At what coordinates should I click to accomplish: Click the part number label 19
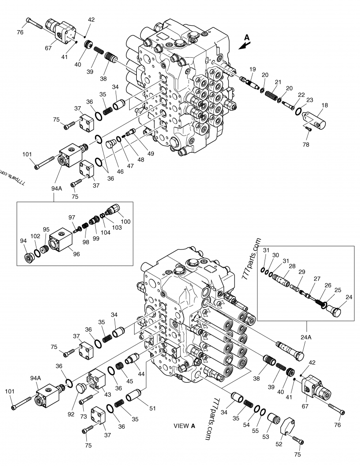(x=252, y=69)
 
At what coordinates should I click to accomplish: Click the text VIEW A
(x=184, y=425)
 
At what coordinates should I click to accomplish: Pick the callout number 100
(x=126, y=221)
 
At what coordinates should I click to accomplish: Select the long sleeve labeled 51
(x=136, y=398)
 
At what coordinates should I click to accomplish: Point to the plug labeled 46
(x=110, y=144)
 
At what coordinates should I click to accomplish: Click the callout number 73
(x=84, y=416)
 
